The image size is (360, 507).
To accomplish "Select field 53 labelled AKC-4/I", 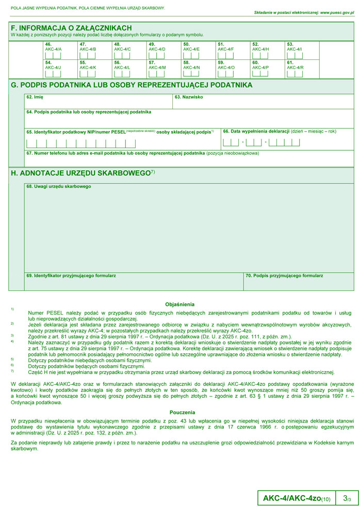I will tap(294, 55).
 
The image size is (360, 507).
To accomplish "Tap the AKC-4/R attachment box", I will tap(294, 73).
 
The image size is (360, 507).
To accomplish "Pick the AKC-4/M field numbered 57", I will tap(156, 73).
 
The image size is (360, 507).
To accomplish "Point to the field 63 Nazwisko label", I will tap(189, 97).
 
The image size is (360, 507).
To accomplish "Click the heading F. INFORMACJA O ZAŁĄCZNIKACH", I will tap(71, 28).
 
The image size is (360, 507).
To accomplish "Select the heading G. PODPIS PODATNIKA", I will tap(132, 85).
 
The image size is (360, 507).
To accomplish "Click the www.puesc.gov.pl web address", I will tap(337, 12).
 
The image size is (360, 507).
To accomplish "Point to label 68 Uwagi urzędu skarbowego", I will tap(59, 186).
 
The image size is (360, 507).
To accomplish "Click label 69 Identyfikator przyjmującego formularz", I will tap(71, 276).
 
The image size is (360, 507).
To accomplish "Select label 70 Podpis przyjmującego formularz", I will tap(284, 276).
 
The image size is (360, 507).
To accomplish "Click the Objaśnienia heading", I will tap(179, 304).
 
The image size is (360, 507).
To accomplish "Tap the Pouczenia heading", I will tap(182, 412).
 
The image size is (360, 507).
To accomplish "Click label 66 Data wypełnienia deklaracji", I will tap(279, 131).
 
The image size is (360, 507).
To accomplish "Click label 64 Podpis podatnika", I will tap(89, 112).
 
